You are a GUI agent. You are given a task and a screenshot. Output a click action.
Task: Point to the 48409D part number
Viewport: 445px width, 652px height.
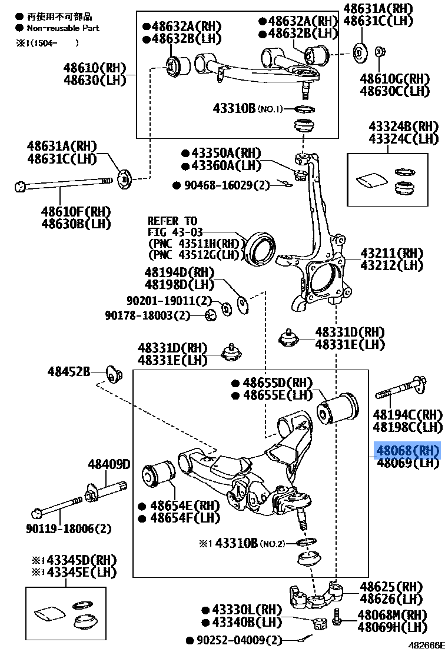[109, 465]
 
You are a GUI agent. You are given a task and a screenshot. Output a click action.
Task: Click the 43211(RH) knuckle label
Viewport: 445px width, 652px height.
[391, 253]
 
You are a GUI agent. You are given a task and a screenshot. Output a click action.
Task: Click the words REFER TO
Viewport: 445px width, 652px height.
[172, 221]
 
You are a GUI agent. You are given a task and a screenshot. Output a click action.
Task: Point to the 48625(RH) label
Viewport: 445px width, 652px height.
[391, 587]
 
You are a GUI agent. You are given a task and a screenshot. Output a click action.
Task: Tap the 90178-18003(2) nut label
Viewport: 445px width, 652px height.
[148, 315]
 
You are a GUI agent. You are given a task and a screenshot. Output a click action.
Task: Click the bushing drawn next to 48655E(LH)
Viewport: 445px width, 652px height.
[338, 408]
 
